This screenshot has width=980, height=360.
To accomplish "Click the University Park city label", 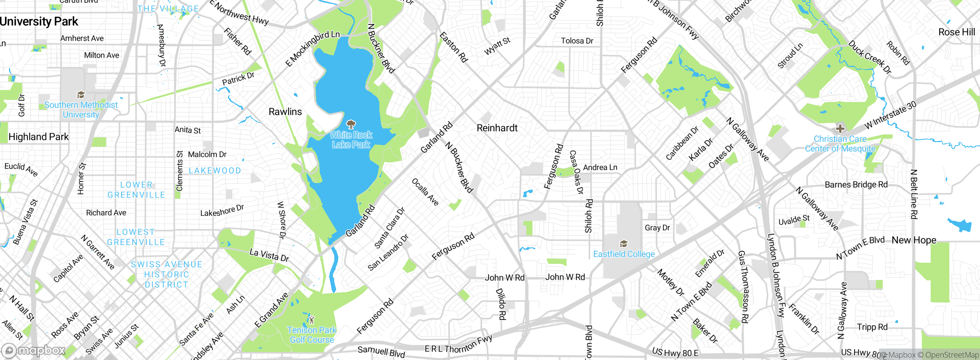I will pyautogui.click(x=39, y=21).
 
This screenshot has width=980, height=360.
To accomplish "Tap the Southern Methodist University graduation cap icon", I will pyautogui.click(x=81, y=95).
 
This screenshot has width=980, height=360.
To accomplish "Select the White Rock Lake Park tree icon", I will pyautogui.click(x=351, y=124).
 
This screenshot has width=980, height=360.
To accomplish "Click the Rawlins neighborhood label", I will pyautogui.click(x=285, y=112).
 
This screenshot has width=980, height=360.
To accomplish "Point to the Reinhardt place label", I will pyautogui.click(x=497, y=128).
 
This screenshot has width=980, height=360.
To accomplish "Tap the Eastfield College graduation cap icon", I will pyautogui.click(x=624, y=244).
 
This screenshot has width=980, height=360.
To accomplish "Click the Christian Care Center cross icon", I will pyautogui.click(x=840, y=129).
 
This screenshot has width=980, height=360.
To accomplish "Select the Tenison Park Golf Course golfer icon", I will pyautogui.click(x=312, y=319).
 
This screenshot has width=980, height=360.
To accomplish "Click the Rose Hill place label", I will pyautogui.click(x=956, y=32).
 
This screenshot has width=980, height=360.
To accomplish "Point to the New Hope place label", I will pyautogui.click(x=914, y=240).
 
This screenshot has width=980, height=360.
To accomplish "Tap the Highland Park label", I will pyautogui.click(x=38, y=137).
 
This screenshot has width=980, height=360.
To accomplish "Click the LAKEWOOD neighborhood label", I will pyautogui.click(x=215, y=171).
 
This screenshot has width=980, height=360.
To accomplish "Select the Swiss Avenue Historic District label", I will pyautogui.click(x=167, y=274).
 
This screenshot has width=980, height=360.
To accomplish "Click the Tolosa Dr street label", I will pyautogui.click(x=577, y=41).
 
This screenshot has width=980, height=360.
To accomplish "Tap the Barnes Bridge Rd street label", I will pyautogui.click(x=856, y=185).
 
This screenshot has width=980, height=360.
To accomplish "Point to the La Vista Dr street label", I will pyautogui.click(x=269, y=255).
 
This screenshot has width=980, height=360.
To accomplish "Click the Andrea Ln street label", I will pyautogui.click(x=600, y=167).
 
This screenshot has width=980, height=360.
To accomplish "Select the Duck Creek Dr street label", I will pyautogui.click(x=870, y=57).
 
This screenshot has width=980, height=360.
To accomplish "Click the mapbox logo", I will pyautogui.click(x=34, y=350).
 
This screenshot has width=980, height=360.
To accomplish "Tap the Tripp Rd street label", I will pyautogui.click(x=872, y=327).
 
